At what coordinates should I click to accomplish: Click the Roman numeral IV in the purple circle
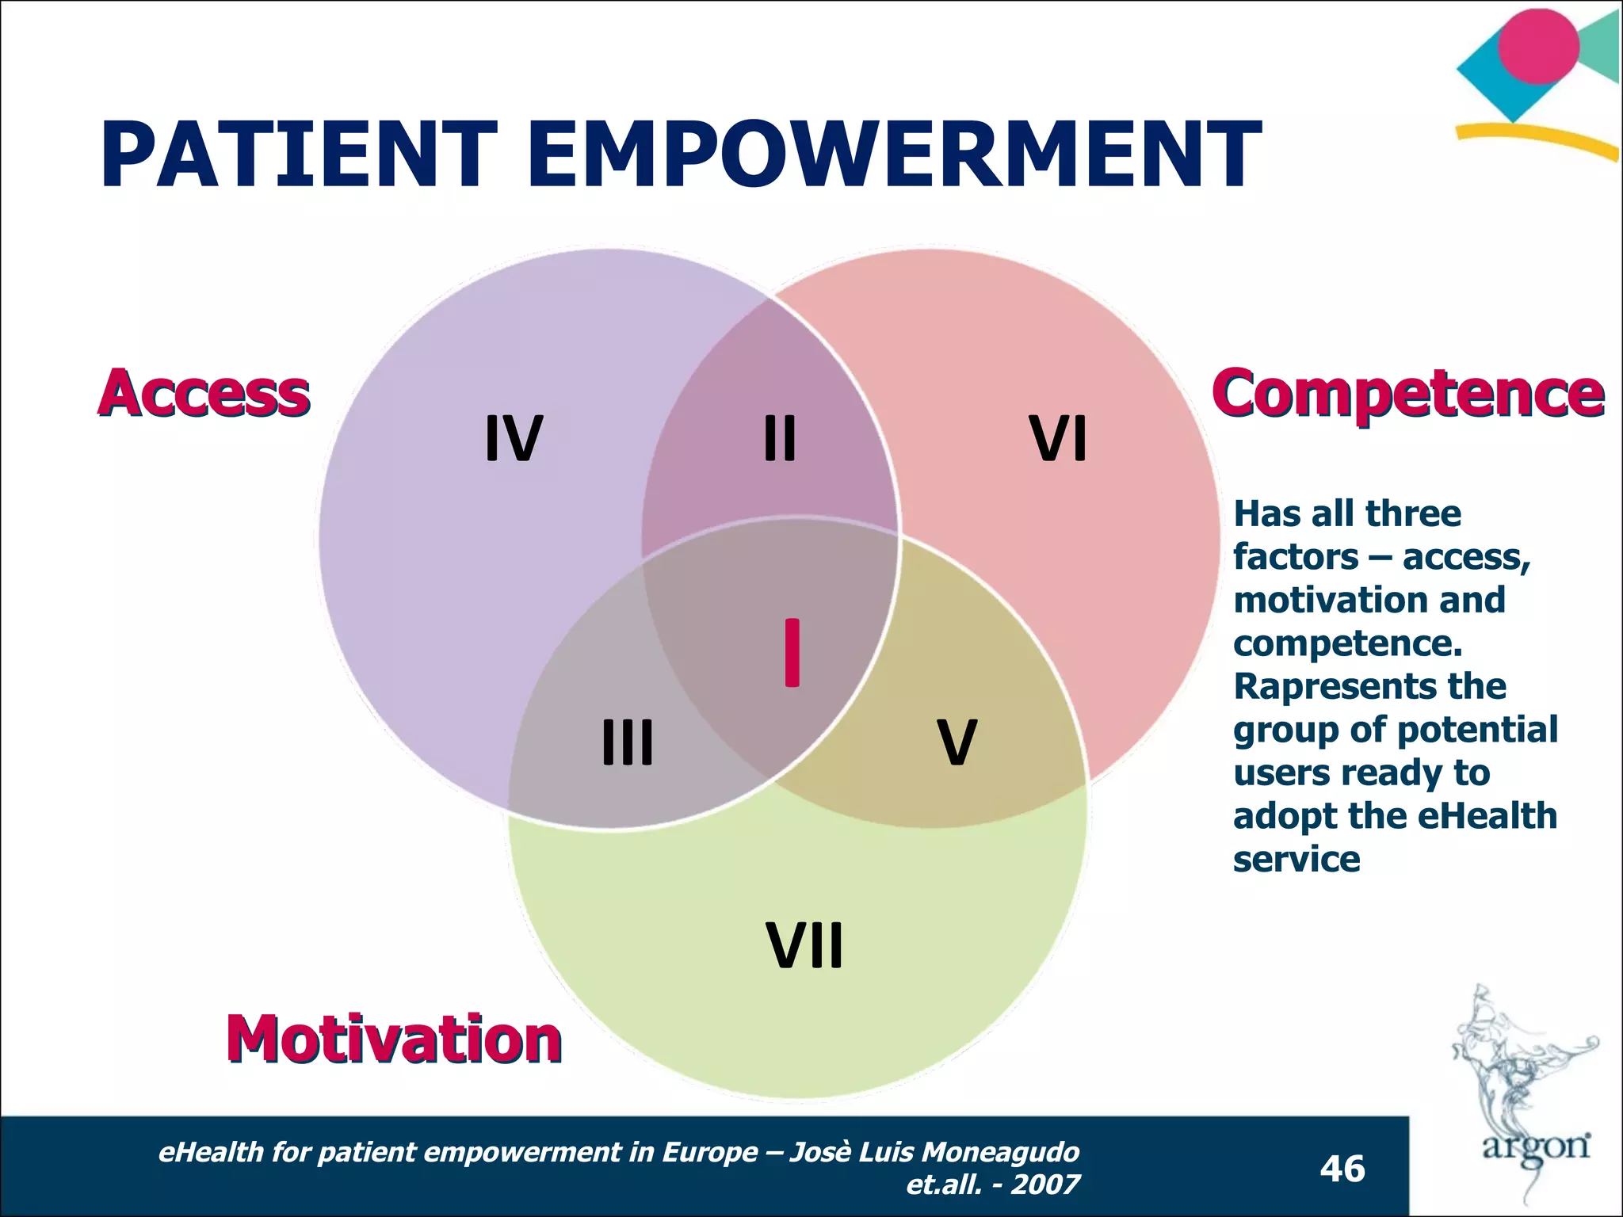click(514, 438)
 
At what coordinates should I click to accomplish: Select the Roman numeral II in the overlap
click(780, 438)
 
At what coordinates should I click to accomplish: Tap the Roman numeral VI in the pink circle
click(1058, 438)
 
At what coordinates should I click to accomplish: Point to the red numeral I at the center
click(792, 652)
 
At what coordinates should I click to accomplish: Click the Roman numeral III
click(628, 742)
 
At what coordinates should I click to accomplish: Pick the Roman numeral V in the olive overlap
click(957, 742)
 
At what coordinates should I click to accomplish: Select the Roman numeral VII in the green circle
click(804, 946)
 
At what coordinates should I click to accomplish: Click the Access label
click(204, 393)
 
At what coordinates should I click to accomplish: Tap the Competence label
click(1407, 393)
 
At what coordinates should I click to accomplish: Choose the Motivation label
click(394, 1040)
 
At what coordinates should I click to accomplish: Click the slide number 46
click(1342, 1169)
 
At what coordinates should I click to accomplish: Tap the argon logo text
click(1536, 1146)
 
